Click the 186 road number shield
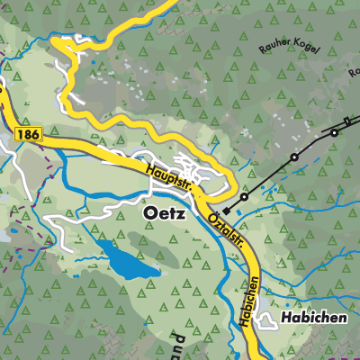26,132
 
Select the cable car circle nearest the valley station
244,195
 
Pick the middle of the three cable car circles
293,158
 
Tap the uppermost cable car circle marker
334,132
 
